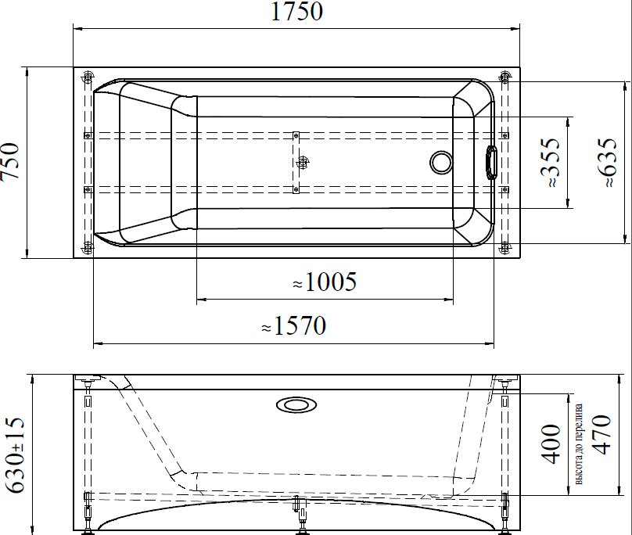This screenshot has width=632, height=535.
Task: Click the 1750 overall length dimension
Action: (x=296, y=12)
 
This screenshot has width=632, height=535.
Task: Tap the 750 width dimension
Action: (x=10, y=161)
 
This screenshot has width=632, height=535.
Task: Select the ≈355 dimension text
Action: (x=550, y=163)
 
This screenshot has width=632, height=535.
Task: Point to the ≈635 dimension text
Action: (x=607, y=163)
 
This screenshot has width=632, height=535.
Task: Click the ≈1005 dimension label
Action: (x=325, y=282)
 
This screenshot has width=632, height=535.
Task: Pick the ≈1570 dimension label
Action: (x=294, y=325)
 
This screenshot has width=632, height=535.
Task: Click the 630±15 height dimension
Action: (x=16, y=455)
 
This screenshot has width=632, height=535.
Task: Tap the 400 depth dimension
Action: (x=551, y=444)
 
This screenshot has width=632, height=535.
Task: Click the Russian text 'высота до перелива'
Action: (x=578, y=444)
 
